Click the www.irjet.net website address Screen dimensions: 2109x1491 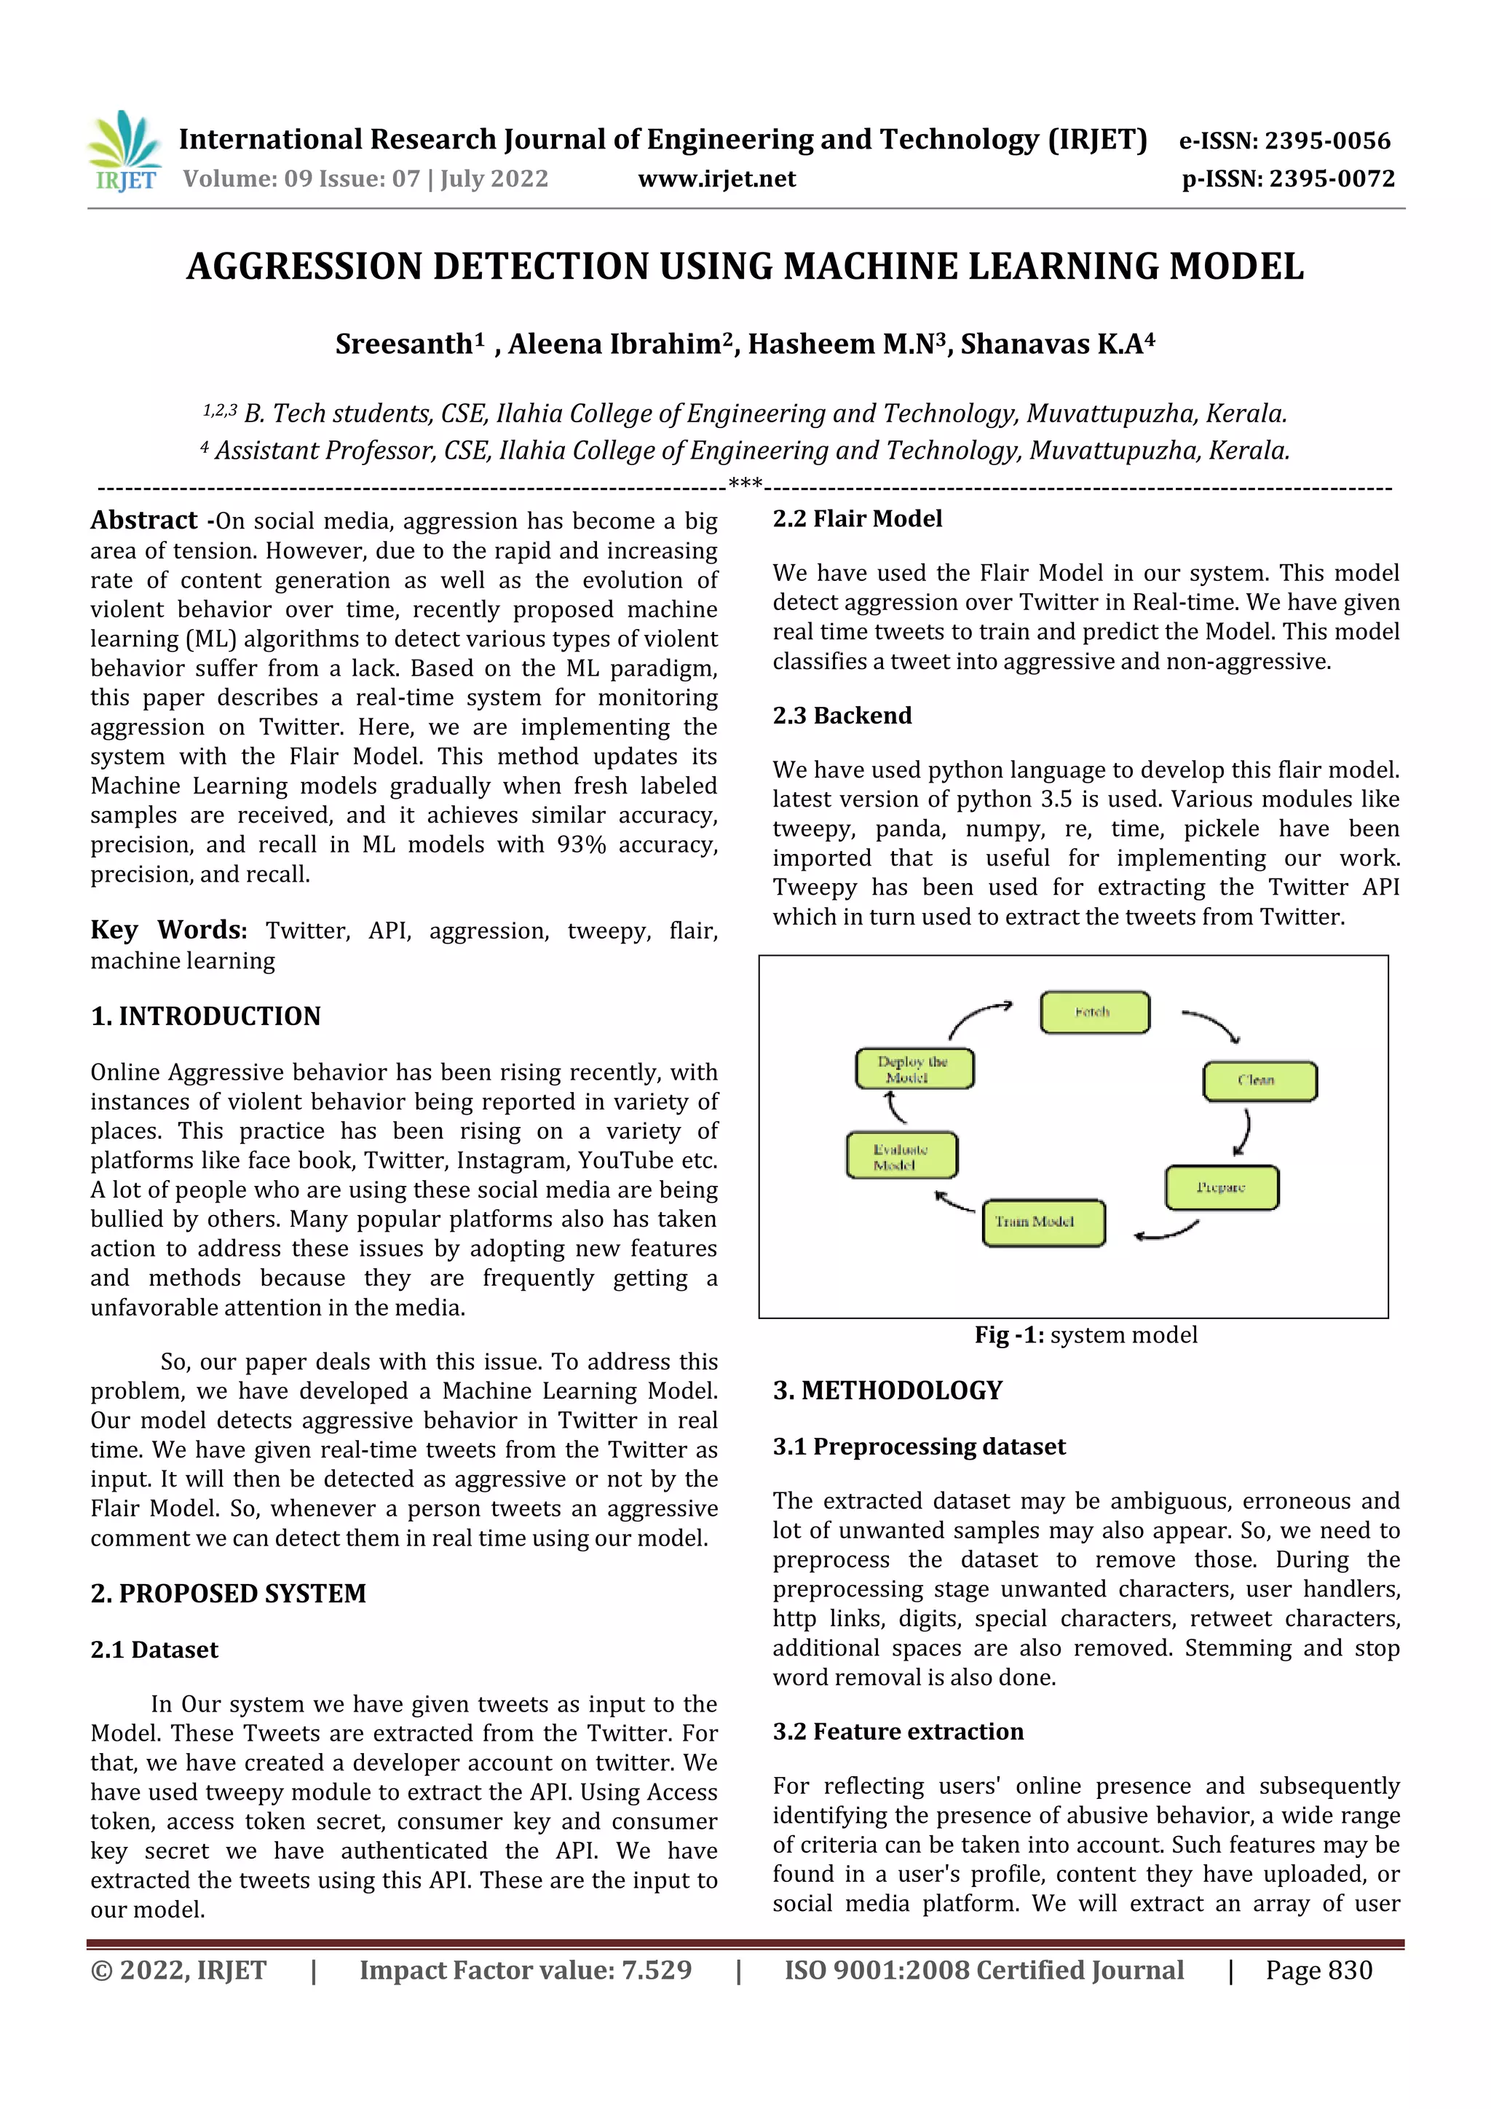click(716, 179)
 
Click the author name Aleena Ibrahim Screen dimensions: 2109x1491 click(614, 344)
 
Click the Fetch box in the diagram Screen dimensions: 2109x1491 click(1093, 1012)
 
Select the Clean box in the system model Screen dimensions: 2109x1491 click(1259, 1080)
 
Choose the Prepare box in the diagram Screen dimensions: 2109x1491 click(1221, 1187)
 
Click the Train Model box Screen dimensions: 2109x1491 click(1043, 1222)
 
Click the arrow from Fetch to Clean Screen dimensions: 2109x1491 click(1213, 1024)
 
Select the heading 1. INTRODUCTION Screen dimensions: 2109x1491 click(206, 1016)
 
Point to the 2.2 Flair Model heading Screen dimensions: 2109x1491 click(857, 519)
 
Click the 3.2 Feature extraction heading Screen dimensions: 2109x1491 click(898, 1731)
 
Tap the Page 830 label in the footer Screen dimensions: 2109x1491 click(1318, 1969)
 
